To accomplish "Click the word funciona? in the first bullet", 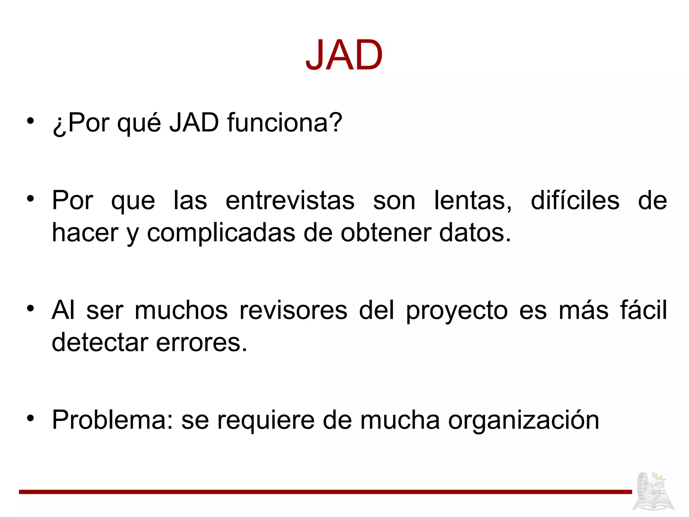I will (x=285, y=123).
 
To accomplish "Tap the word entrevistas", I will (x=290, y=201).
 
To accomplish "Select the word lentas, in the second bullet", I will (x=473, y=201).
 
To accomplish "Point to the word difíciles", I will (x=575, y=201).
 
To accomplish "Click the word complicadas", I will (x=221, y=233).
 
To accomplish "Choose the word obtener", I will (x=386, y=233).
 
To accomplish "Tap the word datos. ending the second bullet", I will (x=475, y=233).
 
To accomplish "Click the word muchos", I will (x=181, y=310).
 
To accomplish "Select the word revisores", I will (x=293, y=310).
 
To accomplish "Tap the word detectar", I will (x=100, y=342).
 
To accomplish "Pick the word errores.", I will (x=202, y=342).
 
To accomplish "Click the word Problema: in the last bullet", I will (x=112, y=420).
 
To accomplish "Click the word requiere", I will (x=266, y=421).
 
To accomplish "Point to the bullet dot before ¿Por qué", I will (x=31, y=121).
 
